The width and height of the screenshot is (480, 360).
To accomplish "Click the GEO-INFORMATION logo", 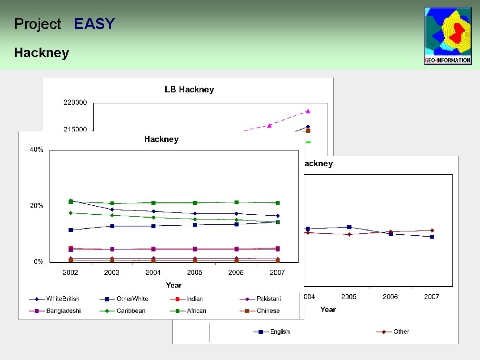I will coord(448,36).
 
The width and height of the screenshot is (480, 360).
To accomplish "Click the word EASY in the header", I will coord(94,24).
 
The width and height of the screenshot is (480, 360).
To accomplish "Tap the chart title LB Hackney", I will coord(189,90).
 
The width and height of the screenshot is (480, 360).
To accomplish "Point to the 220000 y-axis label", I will coord(75,102).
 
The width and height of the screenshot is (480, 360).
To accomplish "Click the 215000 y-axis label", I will coord(75,129).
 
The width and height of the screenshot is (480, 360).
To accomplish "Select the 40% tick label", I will coord(37,150).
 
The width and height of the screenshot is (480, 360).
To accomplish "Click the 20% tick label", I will coord(37,206).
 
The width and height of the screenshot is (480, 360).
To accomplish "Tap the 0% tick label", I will coord(38,262).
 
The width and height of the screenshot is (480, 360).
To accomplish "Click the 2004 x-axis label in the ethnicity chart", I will coord(153,272).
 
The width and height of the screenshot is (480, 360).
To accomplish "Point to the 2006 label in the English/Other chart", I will coord(390,297).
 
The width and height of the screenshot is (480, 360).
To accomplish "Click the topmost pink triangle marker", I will coord(308,111).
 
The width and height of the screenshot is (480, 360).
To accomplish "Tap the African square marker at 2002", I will coord(70,202).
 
